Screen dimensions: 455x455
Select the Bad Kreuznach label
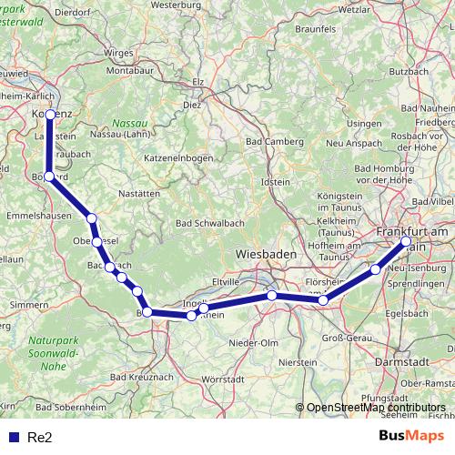pyautogui.click(x=141, y=376)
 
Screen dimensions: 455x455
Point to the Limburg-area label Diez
pyautogui.click(x=192, y=105)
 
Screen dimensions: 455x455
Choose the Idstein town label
pyautogui.click(x=275, y=182)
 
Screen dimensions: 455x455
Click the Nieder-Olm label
pyautogui.click(x=254, y=342)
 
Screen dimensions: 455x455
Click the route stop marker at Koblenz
pyautogui.click(x=51, y=115)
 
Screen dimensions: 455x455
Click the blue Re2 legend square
pyautogui.click(x=14, y=437)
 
